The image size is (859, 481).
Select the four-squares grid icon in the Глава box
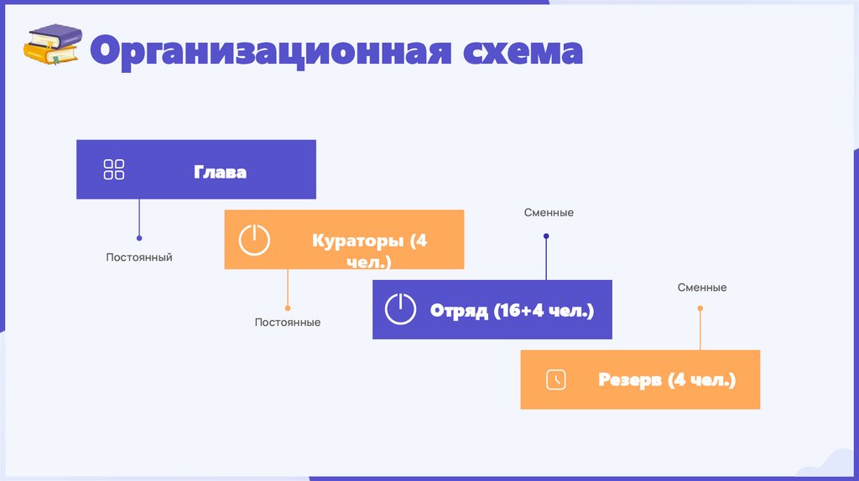coord(114,169)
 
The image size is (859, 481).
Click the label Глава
coord(221,172)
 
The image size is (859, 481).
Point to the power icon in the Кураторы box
coord(254,240)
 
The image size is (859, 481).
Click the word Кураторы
coord(360,241)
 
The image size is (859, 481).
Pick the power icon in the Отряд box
coord(400,310)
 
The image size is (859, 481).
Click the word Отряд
coord(459,311)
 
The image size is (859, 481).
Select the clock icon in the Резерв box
coord(555,380)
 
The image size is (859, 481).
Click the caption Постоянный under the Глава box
coord(139,257)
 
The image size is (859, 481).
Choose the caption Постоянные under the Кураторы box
coord(288,322)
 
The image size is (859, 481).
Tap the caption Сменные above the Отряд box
coord(549,213)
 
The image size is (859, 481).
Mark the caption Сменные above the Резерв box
coord(702,287)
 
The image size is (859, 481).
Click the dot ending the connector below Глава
coord(139,238)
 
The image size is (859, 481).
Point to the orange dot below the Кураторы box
coord(288,308)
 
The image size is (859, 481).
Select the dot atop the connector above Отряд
coord(546,237)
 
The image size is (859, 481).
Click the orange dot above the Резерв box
coord(700,308)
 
